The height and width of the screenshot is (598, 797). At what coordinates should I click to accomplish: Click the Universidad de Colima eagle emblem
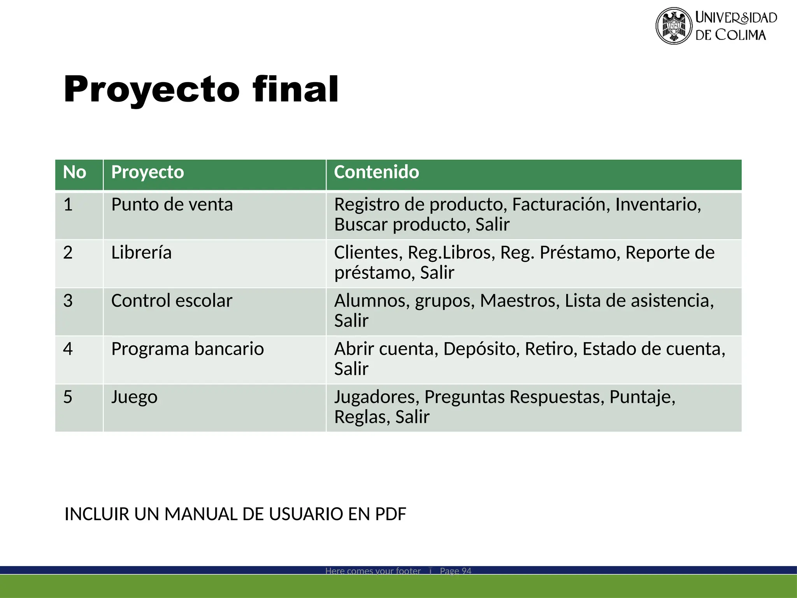(x=674, y=26)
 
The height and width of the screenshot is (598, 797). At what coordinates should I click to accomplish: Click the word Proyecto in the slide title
(x=151, y=90)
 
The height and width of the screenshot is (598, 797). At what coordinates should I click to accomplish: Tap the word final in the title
(x=295, y=90)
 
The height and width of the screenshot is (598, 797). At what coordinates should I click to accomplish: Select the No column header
(x=74, y=172)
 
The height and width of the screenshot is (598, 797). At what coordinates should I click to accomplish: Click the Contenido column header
(x=376, y=172)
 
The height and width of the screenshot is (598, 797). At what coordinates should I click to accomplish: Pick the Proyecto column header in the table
(x=147, y=172)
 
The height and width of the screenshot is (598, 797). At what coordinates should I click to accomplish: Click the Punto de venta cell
(x=172, y=204)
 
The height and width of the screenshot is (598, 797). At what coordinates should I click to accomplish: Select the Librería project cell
(x=141, y=253)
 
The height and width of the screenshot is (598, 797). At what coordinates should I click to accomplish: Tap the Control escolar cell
(x=172, y=301)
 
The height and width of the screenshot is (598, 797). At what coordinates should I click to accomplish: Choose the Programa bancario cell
(x=187, y=349)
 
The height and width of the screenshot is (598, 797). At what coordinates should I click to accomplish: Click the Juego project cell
(x=134, y=397)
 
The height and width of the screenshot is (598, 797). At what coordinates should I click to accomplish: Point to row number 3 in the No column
(x=68, y=301)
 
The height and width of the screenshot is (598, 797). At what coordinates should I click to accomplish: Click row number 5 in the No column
(x=68, y=397)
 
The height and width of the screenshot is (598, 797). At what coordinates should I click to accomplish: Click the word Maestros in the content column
(x=520, y=301)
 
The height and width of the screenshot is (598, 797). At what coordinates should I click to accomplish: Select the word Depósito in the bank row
(x=481, y=349)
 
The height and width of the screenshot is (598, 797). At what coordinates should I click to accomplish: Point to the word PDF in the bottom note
(x=390, y=514)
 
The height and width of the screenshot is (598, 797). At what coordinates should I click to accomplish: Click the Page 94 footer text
(x=455, y=571)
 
